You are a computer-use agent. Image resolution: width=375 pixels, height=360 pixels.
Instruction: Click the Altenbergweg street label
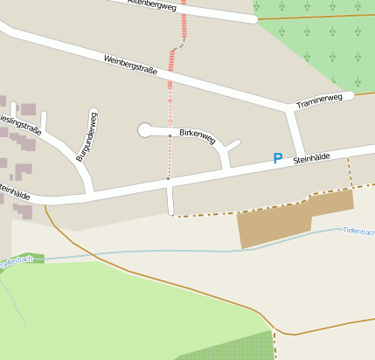[152, 4]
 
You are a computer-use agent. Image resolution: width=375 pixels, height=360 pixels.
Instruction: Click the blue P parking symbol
[278, 159]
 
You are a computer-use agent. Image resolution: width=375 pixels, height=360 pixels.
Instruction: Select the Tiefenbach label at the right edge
[359, 232]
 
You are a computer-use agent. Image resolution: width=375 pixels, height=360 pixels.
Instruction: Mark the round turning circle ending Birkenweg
[145, 131]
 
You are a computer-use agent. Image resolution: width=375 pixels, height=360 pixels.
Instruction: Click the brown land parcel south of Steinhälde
[280, 223]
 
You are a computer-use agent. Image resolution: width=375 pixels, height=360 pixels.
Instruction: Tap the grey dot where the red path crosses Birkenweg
[170, 135]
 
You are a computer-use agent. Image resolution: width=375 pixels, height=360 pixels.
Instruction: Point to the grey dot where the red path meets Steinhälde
[169, 179]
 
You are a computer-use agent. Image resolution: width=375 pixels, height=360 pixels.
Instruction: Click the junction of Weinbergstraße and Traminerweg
[291, 109]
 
